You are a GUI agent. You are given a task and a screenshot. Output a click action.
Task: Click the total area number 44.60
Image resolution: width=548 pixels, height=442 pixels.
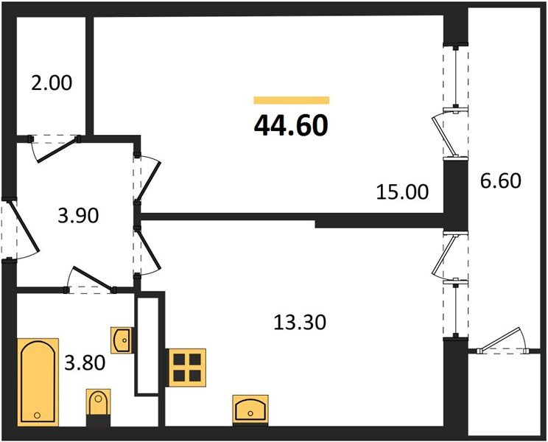(291, 126)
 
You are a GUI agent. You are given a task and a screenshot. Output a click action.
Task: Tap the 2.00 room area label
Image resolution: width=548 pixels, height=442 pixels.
(52, 83)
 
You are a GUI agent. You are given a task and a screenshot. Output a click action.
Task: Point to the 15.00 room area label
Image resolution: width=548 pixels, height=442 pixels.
(402, 192)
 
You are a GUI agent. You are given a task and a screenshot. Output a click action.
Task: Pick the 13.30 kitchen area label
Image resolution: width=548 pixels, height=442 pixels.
(298, 322)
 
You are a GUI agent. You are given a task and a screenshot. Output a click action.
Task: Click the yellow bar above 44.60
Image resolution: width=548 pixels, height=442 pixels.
(291, 100)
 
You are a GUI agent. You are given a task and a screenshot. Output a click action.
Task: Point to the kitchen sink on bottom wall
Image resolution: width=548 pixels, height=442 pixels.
(250, 407)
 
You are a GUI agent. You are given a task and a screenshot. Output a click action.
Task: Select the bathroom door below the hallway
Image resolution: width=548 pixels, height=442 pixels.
(90, 281)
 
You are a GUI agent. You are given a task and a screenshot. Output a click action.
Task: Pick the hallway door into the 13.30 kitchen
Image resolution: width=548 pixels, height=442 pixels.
(149, 250)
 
